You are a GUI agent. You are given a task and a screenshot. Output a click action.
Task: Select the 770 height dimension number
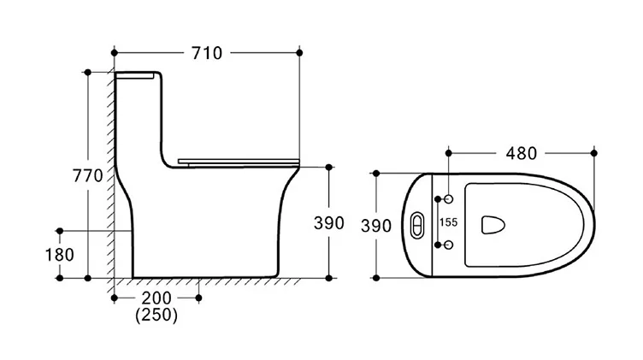point(87,176)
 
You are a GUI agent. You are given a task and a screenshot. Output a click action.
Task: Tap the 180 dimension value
point(60,254)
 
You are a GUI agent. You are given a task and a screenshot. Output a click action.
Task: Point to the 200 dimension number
point(156,298)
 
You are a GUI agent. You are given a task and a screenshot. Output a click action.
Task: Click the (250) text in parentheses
point(156,316)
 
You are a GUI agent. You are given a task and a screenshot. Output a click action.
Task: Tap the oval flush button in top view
point(416,225)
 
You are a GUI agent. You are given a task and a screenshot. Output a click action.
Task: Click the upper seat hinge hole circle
point(448,199)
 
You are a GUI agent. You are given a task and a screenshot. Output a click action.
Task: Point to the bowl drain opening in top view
point(492,224)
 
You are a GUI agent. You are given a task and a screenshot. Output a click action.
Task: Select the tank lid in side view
point(137,76)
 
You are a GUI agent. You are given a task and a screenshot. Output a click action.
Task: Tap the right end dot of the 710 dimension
point(300,53)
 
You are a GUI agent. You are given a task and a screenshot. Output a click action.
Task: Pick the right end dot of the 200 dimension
point(198,298)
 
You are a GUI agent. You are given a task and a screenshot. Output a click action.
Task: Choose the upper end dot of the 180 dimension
point(60,231)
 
